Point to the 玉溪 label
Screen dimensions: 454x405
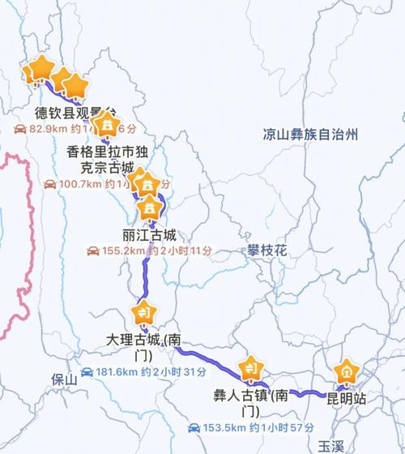(331, 446)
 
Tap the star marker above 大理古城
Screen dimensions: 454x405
(147, 312)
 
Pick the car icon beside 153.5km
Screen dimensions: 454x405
(194, 427)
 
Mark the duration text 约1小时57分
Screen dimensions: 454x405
(281, 427)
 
